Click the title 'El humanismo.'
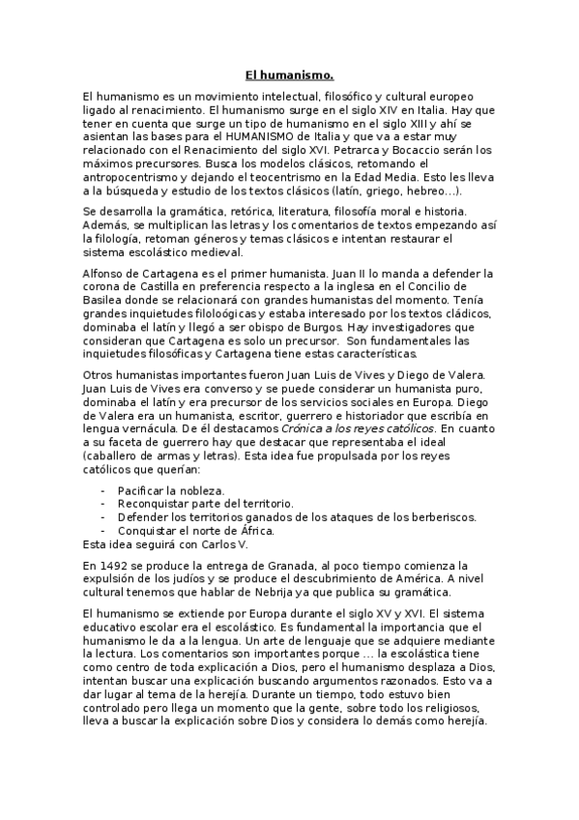[x=289, y=73]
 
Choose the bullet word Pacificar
[x=145, y=490]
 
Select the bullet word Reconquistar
[x=158, y=503]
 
